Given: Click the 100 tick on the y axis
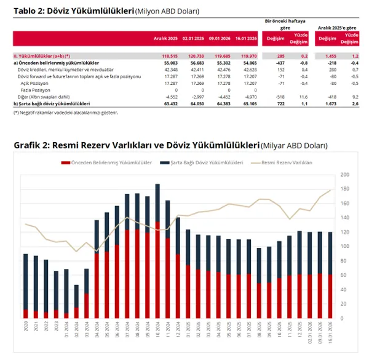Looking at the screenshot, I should click(344, 246).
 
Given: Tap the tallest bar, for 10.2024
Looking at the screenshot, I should click(157, 252).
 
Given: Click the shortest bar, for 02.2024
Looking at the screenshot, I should click(76, 302).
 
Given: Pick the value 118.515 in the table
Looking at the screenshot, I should click(169, 56).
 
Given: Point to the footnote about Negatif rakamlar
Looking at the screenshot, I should click(62, 113).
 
